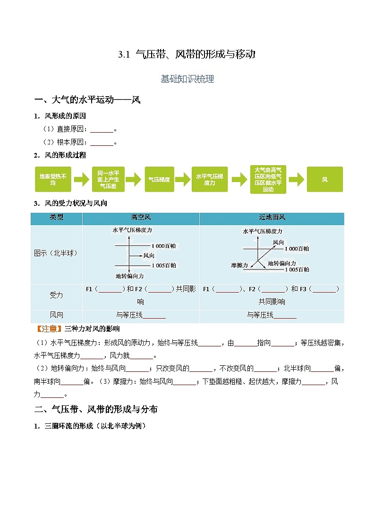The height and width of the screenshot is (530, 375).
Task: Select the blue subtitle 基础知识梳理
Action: tap(187, 79)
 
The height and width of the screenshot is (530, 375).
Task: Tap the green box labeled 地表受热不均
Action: tap(53, 179)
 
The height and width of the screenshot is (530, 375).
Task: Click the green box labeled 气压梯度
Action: tap(159, 179)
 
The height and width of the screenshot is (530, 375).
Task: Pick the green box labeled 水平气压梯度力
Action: tap(210, 179)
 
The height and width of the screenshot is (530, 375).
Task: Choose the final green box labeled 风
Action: tap(324, 179)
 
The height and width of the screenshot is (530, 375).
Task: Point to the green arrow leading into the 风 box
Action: tap(296, 179)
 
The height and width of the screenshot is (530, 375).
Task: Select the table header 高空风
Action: tap(141, 218)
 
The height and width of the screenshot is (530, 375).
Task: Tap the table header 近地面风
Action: tap(272, 218)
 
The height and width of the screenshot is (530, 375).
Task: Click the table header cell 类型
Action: tap(57, 218)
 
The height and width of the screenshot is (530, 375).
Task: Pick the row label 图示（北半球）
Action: tap(56, 253)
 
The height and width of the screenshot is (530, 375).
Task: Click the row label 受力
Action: tap(56, 295)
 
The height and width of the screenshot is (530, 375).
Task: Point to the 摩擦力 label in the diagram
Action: tap(239, 265)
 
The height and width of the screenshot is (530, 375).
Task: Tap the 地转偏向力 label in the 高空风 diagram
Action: tap(129, 276)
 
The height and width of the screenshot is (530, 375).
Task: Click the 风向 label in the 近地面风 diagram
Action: tap(278, 242)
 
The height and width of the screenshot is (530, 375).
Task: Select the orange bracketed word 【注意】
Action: tap(49, 328)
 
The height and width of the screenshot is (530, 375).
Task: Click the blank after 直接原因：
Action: tap(102, 129)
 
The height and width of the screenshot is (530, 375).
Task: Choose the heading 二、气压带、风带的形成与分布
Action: tap(96, 409)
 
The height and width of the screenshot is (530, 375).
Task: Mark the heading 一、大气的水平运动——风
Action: tap(87, 100)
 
